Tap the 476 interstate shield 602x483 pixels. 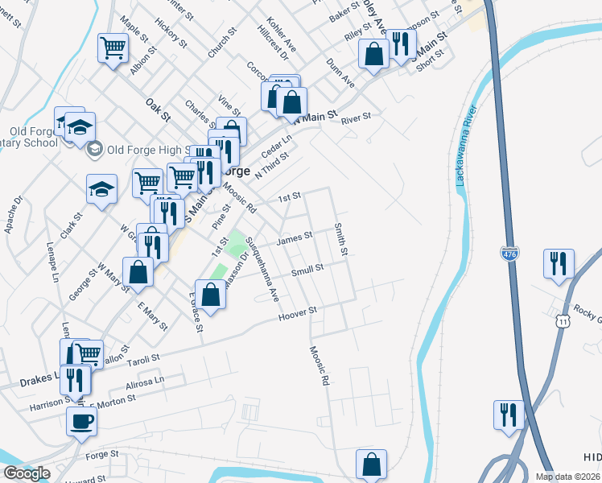(x=509, y=252)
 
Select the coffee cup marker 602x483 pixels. (x=81, y=422)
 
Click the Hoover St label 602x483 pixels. (x=299, y=314)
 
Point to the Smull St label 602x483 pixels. (x=307, y=271)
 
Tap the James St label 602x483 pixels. (x=294, y=238)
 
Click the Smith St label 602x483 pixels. (x=341, y=240)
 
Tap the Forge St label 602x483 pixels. (x=102, y=455)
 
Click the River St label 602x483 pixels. (x=355, y=118)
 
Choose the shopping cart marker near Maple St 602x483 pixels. (x=113, y=48)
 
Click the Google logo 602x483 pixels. (x=27, y=473)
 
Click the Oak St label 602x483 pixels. (x=159, y=109)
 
